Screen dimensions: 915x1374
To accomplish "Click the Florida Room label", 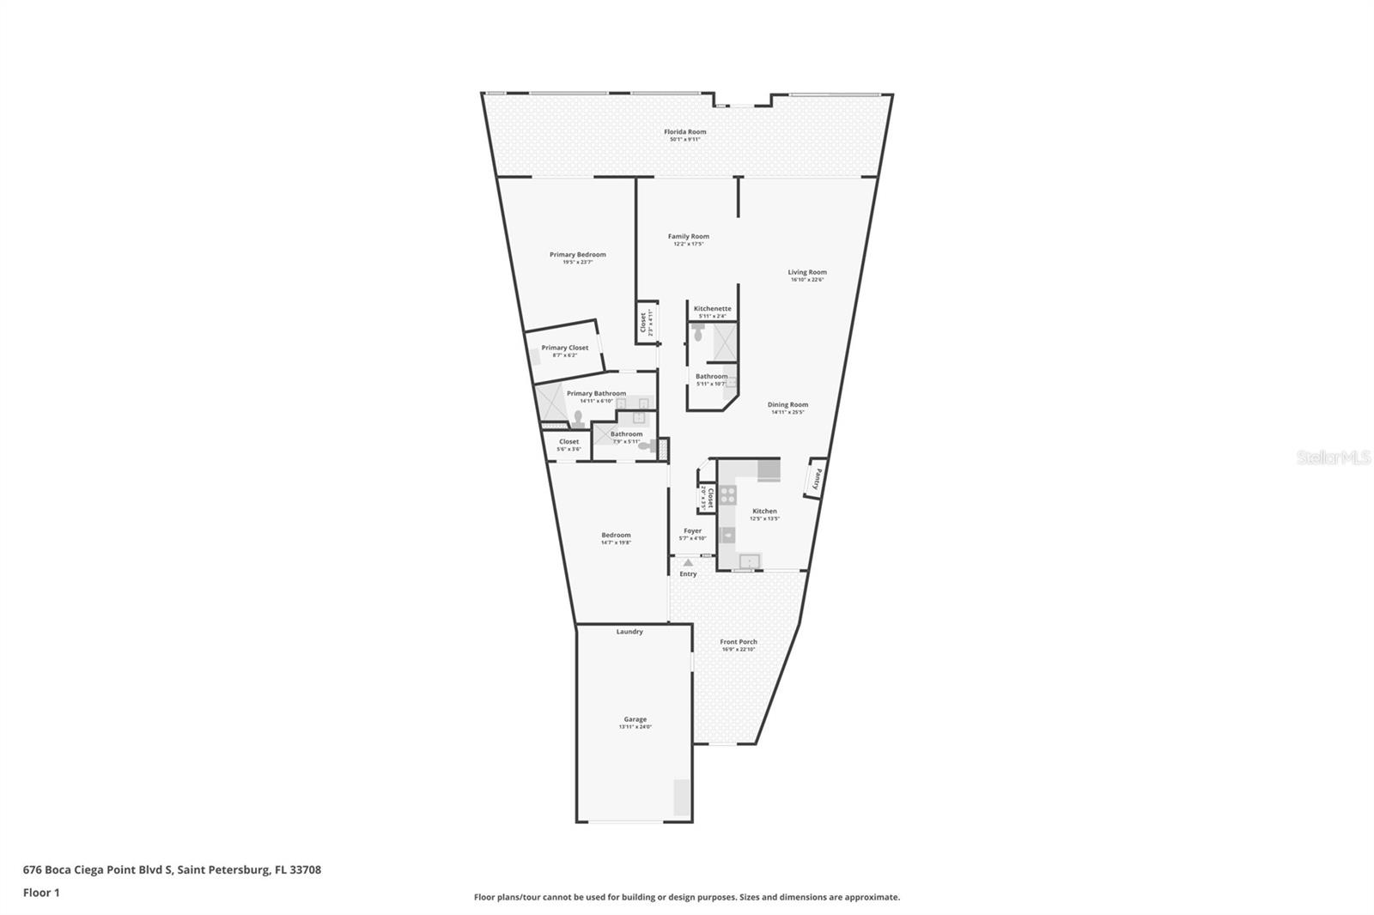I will tap(684, 132).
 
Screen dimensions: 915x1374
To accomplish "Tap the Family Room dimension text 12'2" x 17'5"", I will tap(689, 245).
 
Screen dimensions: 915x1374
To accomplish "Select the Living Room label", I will tap(807, 272).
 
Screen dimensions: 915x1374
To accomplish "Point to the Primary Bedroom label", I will tap(577, 254).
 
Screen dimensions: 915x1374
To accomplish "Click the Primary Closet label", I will tap(564, 348).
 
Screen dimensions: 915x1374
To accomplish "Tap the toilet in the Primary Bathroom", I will tap(579, 419).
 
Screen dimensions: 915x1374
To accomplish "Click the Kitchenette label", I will tap(712, 308).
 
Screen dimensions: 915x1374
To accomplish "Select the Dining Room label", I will tap(787, 404).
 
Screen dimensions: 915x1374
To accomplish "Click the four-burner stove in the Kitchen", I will tap(727, 494).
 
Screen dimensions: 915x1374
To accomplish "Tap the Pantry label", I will tap(818, 479).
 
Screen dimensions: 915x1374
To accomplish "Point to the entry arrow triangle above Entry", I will tap(688, 562).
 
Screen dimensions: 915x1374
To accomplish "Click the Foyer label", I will tap(692, 531).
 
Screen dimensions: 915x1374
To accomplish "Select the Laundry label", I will tap(629, 632).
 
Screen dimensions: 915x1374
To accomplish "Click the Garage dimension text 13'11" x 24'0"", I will tap(635, 727).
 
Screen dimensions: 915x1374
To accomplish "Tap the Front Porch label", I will tap(739, 641).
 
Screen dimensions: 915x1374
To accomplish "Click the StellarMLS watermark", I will tap(1332, 458).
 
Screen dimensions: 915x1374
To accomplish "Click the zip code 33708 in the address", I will tap(306, 870).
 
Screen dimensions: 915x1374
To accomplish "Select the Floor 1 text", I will tap(41, 893).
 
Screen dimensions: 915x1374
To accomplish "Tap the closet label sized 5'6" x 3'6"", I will tap(568, 441).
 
